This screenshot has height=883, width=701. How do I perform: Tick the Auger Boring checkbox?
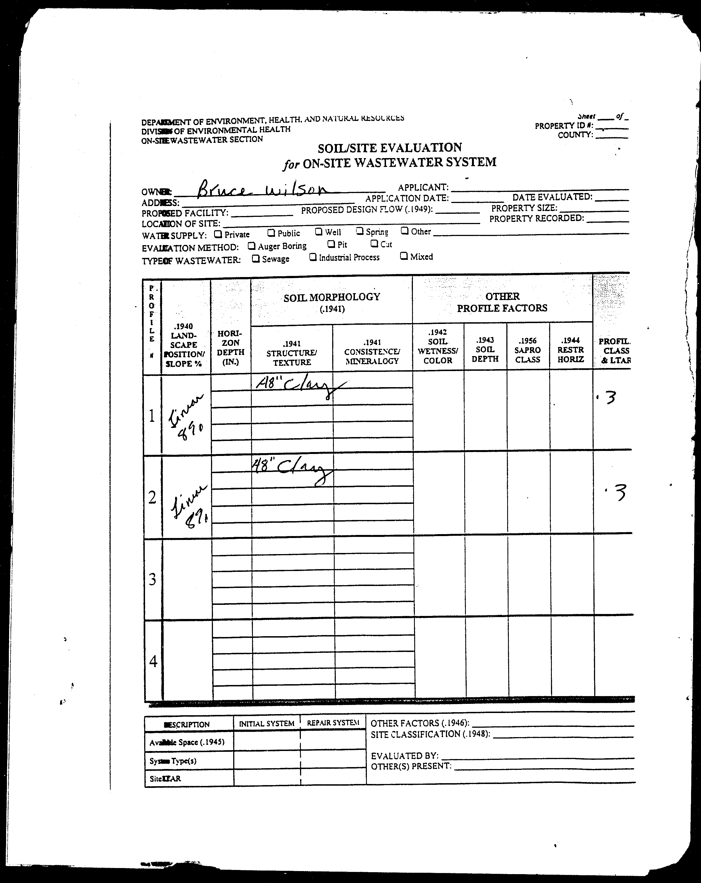tap(252, 246)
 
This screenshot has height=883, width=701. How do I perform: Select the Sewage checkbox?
tap(256, 259)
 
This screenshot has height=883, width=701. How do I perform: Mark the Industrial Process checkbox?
tap(313, 257)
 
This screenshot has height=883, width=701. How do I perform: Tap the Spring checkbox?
tap(359, 231)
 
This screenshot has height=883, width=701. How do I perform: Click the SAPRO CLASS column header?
tap(528, 350)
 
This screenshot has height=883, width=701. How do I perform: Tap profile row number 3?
tap(152, 579)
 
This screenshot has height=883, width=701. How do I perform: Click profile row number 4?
tap(153, 661)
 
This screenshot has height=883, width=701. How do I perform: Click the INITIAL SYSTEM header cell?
tap(266, 723)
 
